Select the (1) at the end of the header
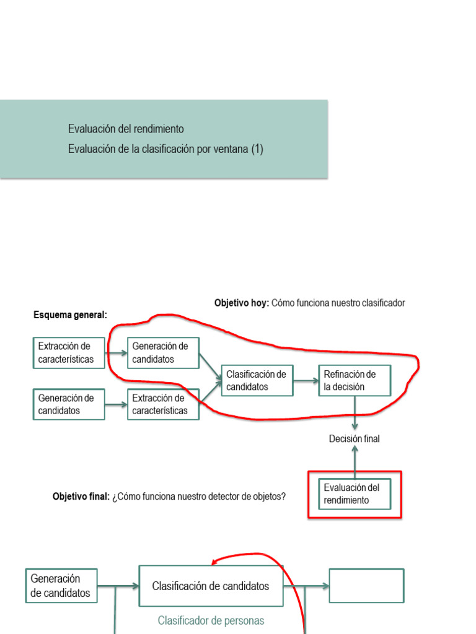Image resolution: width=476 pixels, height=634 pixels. tap(257, 149)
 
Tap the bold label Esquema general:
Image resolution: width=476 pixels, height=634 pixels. tap(70, 315)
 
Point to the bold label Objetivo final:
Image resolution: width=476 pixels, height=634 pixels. tap(81, 497)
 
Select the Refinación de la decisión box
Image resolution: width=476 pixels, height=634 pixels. tap(355, 380)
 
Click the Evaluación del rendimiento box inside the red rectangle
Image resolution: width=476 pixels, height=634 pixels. tap(355, 493)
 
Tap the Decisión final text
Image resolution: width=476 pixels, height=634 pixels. tap(354, 439)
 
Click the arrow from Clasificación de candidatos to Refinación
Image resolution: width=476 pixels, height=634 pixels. tap(306, 380)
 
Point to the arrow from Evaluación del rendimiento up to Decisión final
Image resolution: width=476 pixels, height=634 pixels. tap(355, 461)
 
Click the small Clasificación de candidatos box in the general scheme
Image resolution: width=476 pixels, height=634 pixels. tap(257, 380)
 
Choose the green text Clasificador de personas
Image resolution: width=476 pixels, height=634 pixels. tap(211, 620)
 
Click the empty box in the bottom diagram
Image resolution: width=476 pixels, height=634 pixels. tap(366, 586)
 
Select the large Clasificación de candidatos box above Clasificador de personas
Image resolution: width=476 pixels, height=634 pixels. tap(211, 586)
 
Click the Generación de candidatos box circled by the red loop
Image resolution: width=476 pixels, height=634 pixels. tap(163, 353)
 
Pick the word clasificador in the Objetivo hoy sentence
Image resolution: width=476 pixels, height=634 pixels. tap(382, 303)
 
